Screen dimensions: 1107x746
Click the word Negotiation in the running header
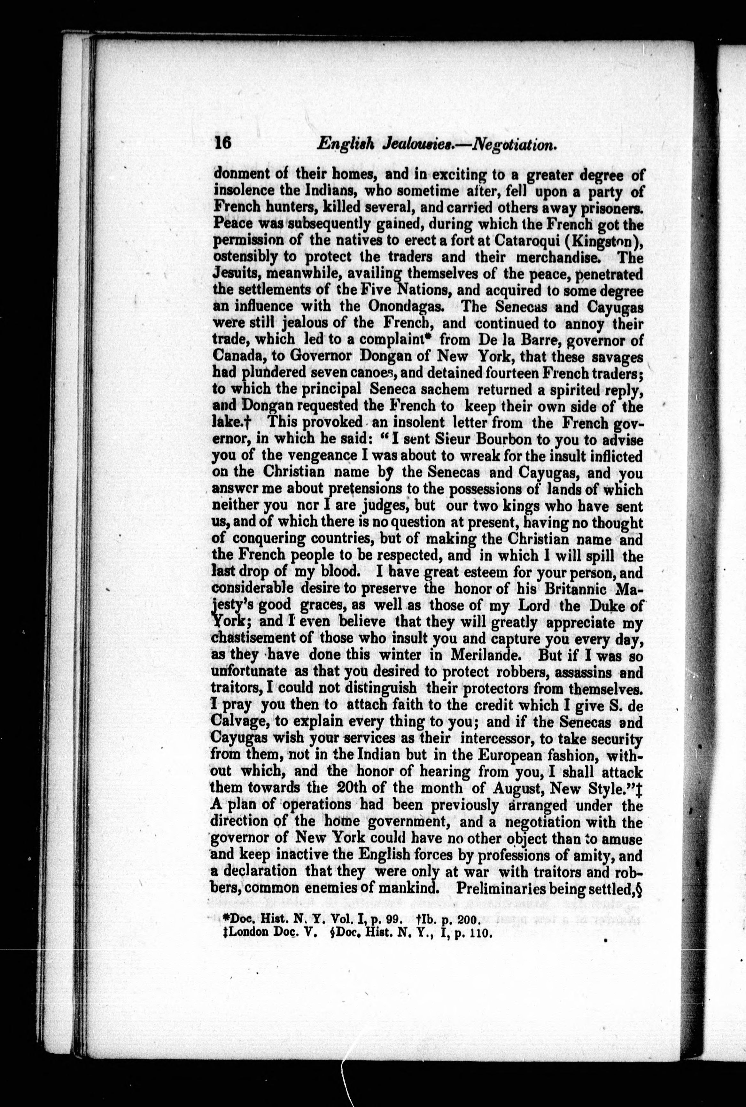(x=513, y=144)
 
